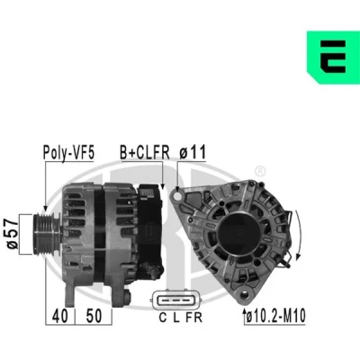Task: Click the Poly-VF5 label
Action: (x=68, y=152)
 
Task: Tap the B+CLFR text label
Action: (x=145, y=152)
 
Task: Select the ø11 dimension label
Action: (x=193, y=152)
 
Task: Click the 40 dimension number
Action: (x=60, y=316)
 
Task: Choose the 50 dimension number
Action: (x=94, y=316)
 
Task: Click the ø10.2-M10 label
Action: (x=275, y=316)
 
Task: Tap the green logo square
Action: (x=333, y=57)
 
